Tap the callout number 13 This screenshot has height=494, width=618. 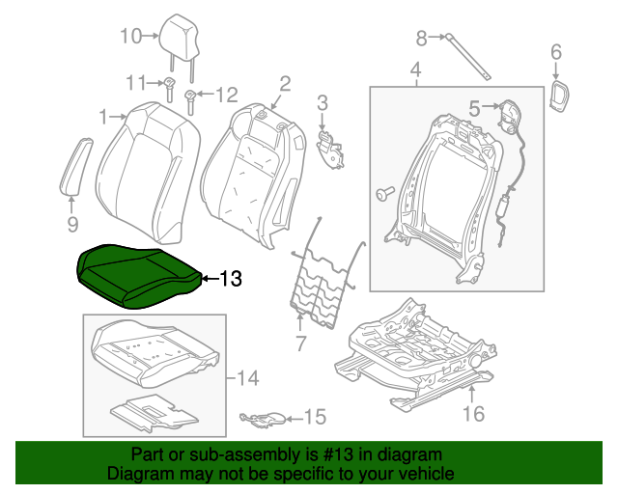[231, 280]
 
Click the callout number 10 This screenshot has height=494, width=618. [130, 37]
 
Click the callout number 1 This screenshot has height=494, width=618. [104, 118]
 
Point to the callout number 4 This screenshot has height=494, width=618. [415, 70]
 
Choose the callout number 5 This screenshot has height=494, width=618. [475, 109]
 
